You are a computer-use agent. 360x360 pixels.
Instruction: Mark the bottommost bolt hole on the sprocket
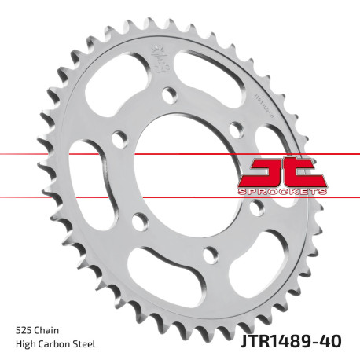pyautogui.click(x=210, y=253)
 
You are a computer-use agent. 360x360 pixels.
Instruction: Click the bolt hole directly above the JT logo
pyautogui.click(x=235, y=127)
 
